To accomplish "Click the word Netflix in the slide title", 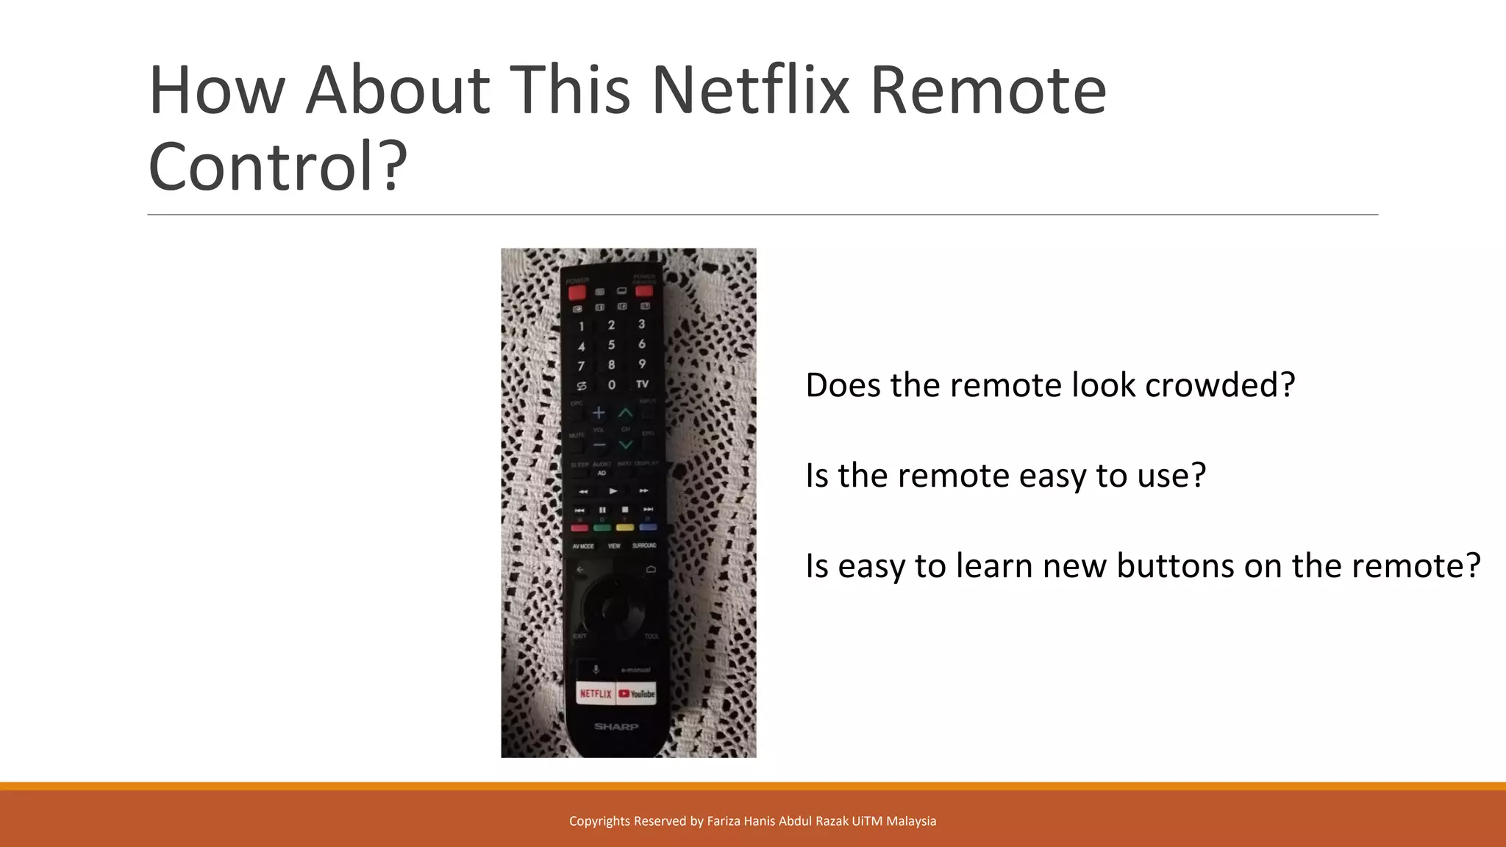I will tap(750, 91).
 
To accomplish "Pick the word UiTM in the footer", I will tap(867, 821).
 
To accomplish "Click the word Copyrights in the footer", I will tap(599, 821).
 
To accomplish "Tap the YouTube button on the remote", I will tap(637, 693).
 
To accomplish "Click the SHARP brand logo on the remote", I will tap(616, 726).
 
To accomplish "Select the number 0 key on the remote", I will tap(611, 385).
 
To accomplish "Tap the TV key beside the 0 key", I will tap(642, 384).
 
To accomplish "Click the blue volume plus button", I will tap(599, 412).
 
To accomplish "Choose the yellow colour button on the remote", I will tap(624, 527).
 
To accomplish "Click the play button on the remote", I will tap(613, 490).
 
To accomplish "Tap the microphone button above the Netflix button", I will tap(596, 670).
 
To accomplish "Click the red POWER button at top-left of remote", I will tap(577, 293).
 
